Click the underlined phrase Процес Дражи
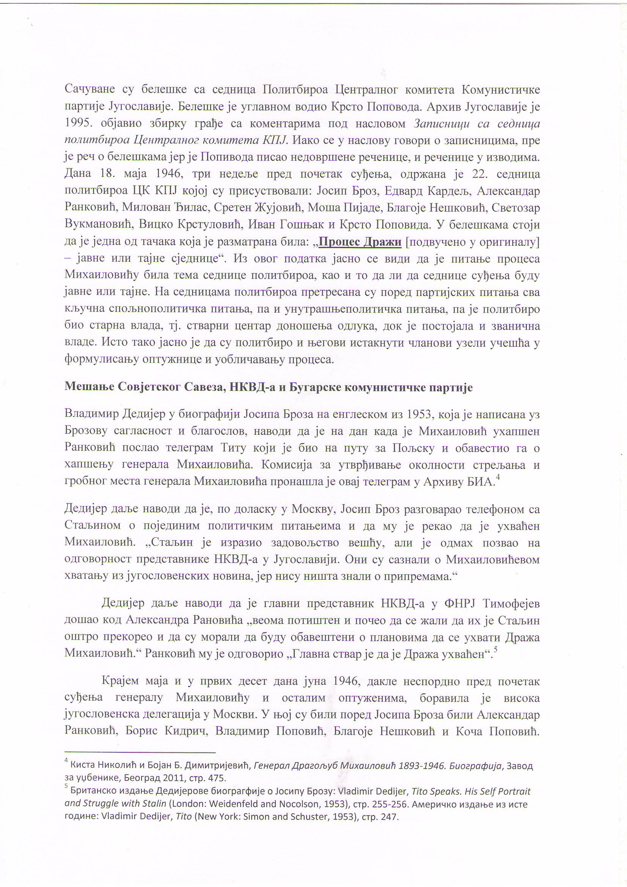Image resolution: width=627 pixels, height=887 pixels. [x=360, y=242]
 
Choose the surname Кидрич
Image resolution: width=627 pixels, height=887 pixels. [x=184, y=731]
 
